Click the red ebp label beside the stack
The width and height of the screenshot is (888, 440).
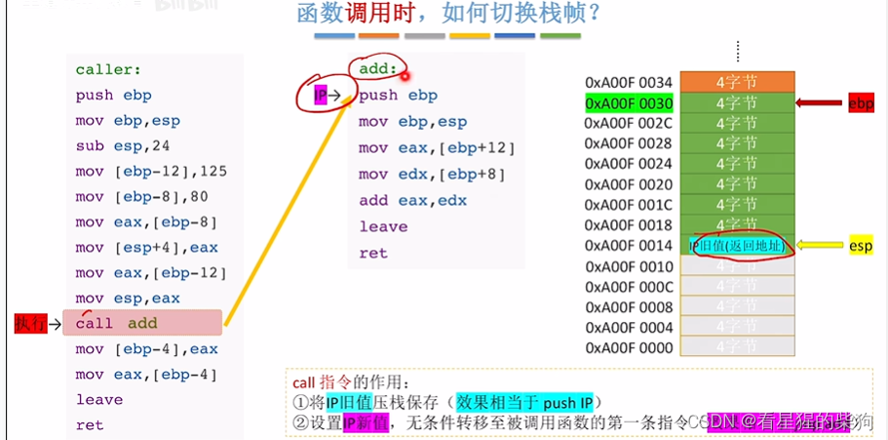861,102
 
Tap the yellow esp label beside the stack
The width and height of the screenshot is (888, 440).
861,246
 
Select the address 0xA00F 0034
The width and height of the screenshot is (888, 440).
629,82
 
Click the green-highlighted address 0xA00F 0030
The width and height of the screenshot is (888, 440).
629,102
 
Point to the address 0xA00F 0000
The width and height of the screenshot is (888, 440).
629,347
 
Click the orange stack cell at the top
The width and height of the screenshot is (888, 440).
737,82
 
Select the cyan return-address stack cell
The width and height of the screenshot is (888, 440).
737,246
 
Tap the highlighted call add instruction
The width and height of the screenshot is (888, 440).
142,323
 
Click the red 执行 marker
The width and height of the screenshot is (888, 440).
30,323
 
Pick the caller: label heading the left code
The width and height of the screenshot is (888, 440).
108,70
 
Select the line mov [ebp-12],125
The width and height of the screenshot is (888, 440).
151,171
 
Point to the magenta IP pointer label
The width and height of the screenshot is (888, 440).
320,95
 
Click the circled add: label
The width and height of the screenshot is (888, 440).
377,69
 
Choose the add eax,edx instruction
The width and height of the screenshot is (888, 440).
412,200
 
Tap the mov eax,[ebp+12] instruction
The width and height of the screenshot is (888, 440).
436,148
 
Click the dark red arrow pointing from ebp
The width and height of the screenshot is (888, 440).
820,102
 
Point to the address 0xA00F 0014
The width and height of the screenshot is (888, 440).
629,246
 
